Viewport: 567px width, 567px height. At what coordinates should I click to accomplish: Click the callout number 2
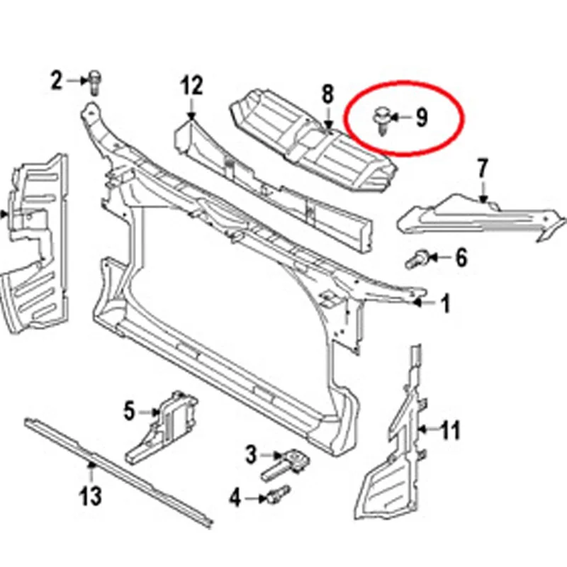pos(56,80)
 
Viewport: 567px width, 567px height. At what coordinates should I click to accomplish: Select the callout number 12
pos(192,85)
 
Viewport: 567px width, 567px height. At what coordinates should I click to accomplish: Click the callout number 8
pos(327,94)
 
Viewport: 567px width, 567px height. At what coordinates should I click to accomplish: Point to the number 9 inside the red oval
pos(422,117)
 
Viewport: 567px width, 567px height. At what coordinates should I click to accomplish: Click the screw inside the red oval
pos(381,120)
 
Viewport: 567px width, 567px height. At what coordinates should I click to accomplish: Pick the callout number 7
pos(483,169)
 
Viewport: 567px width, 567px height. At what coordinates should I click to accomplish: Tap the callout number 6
pos(461,258)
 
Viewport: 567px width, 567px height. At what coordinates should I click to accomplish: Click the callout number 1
pos(446,303)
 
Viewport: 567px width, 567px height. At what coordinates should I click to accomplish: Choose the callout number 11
pos(450,430)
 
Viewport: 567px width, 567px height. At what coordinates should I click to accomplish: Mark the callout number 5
pos(130,411)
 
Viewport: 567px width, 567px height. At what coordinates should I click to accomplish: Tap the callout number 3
pos(252,454)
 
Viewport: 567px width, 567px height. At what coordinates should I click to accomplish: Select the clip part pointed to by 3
pos(286,465)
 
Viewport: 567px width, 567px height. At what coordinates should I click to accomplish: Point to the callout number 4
pos(235,498)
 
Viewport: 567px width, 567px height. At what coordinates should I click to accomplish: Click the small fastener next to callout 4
pos(278,494)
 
